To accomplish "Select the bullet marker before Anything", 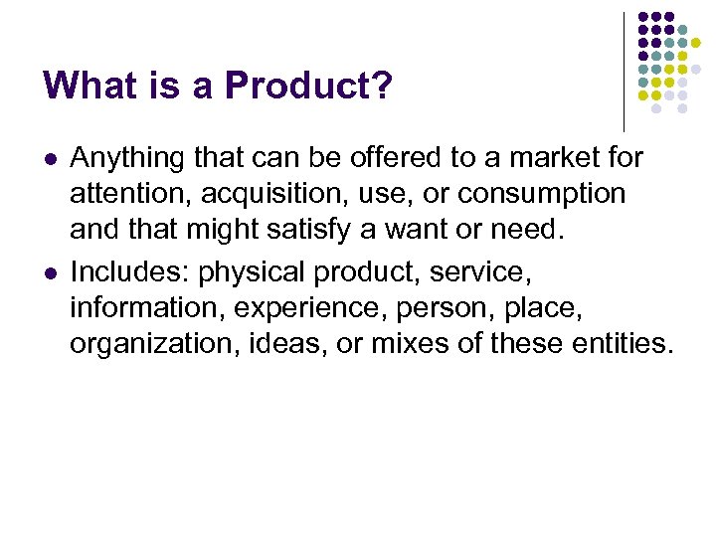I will pos(50,159).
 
